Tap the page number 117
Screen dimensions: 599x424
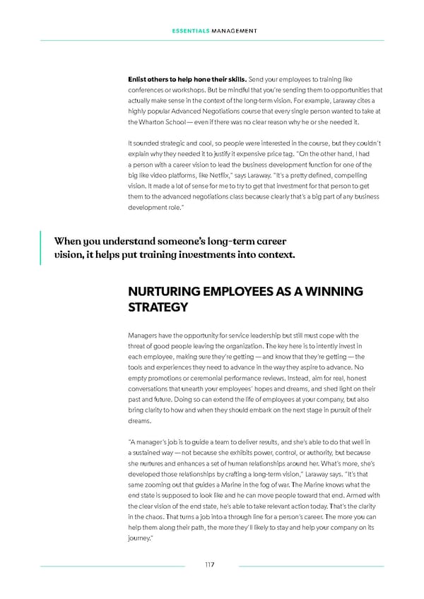209,565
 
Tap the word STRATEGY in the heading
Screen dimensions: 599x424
158,307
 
